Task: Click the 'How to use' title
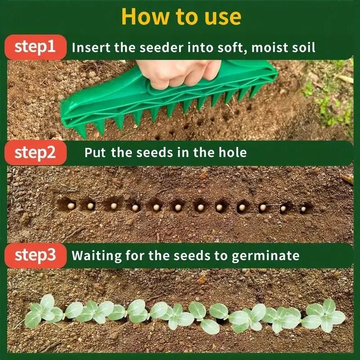[181, 16]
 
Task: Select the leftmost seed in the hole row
[71, 205]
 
